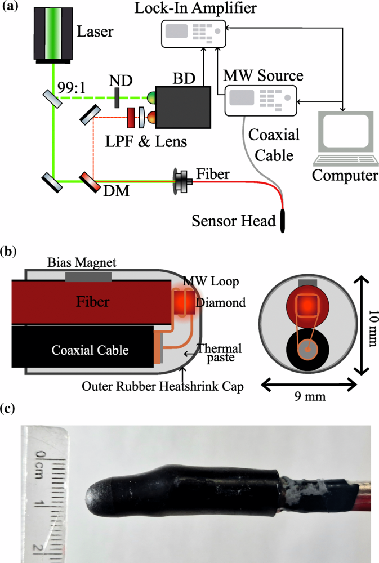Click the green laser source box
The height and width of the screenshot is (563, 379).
pyautogui.click(x=52, y=33)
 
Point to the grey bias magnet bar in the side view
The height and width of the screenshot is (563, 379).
pyautogui.click(x=88, y=276)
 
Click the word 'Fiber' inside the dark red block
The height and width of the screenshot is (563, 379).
pyautogui.click(x=92, y=302)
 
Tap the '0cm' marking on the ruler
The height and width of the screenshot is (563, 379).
pyautogui.click(x=39, y=462)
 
